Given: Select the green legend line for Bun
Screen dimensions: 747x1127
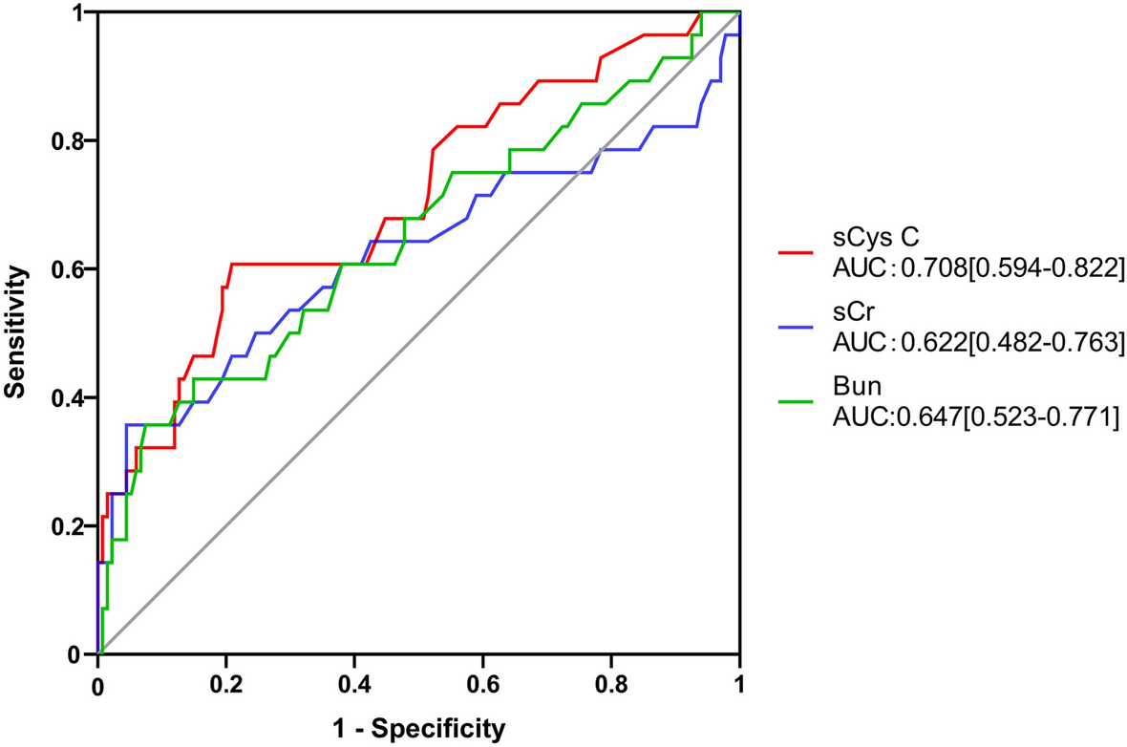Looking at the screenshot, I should (x=796, y=402).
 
